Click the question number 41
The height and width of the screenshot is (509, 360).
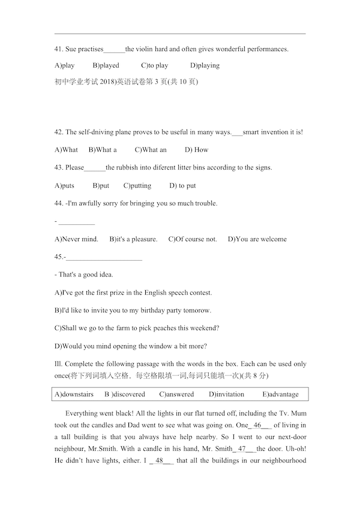pos(58,49)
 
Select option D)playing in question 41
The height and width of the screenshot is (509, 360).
pos(205,65)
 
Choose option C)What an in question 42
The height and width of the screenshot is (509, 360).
pos(151,150)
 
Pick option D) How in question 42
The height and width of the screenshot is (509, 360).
pos(197,150)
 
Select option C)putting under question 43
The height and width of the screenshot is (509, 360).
pos(137,186)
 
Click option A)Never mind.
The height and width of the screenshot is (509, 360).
pos(76,239)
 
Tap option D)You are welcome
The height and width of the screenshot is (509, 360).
pos(257,239)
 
